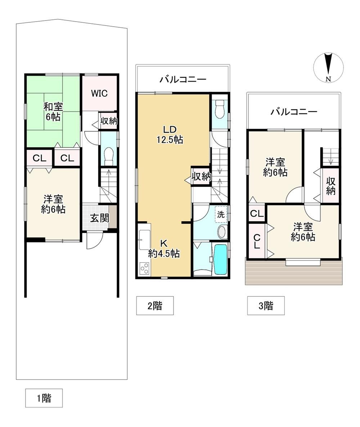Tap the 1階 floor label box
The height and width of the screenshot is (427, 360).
click(44, 398)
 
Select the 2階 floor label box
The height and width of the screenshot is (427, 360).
click(155, 305)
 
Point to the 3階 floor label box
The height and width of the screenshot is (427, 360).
click(266, 305)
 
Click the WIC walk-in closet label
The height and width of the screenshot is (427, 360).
click(99, 93)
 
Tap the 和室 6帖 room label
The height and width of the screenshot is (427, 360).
click(53, 112)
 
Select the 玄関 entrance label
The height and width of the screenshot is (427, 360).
click(99, 218)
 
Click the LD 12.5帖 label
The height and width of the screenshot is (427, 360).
click(170, 134)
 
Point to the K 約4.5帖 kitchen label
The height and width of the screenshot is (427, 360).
click(164, 248)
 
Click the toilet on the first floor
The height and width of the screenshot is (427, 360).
click(109, 156)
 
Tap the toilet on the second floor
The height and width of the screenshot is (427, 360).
click(219, 108)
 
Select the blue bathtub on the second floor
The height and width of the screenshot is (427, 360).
click(220, 259)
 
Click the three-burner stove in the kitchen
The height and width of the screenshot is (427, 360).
click(144, 268)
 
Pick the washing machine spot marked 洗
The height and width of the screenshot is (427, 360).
click(221, 215)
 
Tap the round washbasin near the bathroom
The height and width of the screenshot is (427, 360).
click(222, 232)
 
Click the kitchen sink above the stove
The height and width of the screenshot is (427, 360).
click(144, 240)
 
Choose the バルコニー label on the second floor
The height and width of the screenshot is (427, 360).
click(183, 80)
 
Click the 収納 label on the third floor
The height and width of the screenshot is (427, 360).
click(330, 186)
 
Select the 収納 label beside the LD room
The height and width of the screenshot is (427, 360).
click(201, 177)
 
